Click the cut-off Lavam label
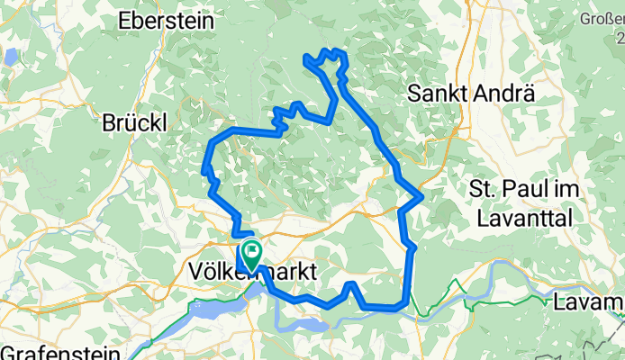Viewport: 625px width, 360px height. coord(591,301)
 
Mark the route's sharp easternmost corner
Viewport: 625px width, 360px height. coord(421,195)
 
